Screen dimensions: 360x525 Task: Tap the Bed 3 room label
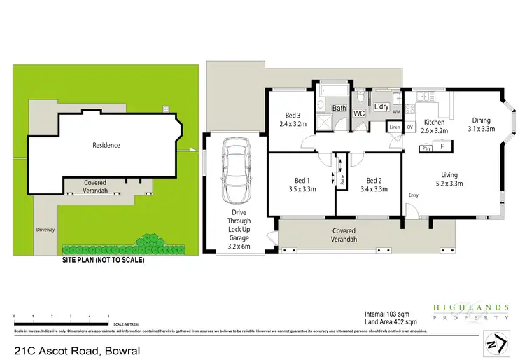[x=293, y=116]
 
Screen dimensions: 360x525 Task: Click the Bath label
[x=339, y=108]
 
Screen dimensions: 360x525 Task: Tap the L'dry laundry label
[x=381, y=106]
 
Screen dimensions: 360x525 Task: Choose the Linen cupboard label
[x=395, y=127]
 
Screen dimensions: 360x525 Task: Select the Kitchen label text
[x=434, y=123]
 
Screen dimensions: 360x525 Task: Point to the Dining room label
[x=482, y=120]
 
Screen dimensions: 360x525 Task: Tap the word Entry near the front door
[x=414, y=195]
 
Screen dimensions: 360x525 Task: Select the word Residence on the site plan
[x=106, y=145]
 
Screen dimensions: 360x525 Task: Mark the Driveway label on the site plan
[x=47, y=229]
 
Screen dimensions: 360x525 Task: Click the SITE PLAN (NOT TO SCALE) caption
[x=104, y=260]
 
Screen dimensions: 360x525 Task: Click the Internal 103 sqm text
[x=388, y=313]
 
